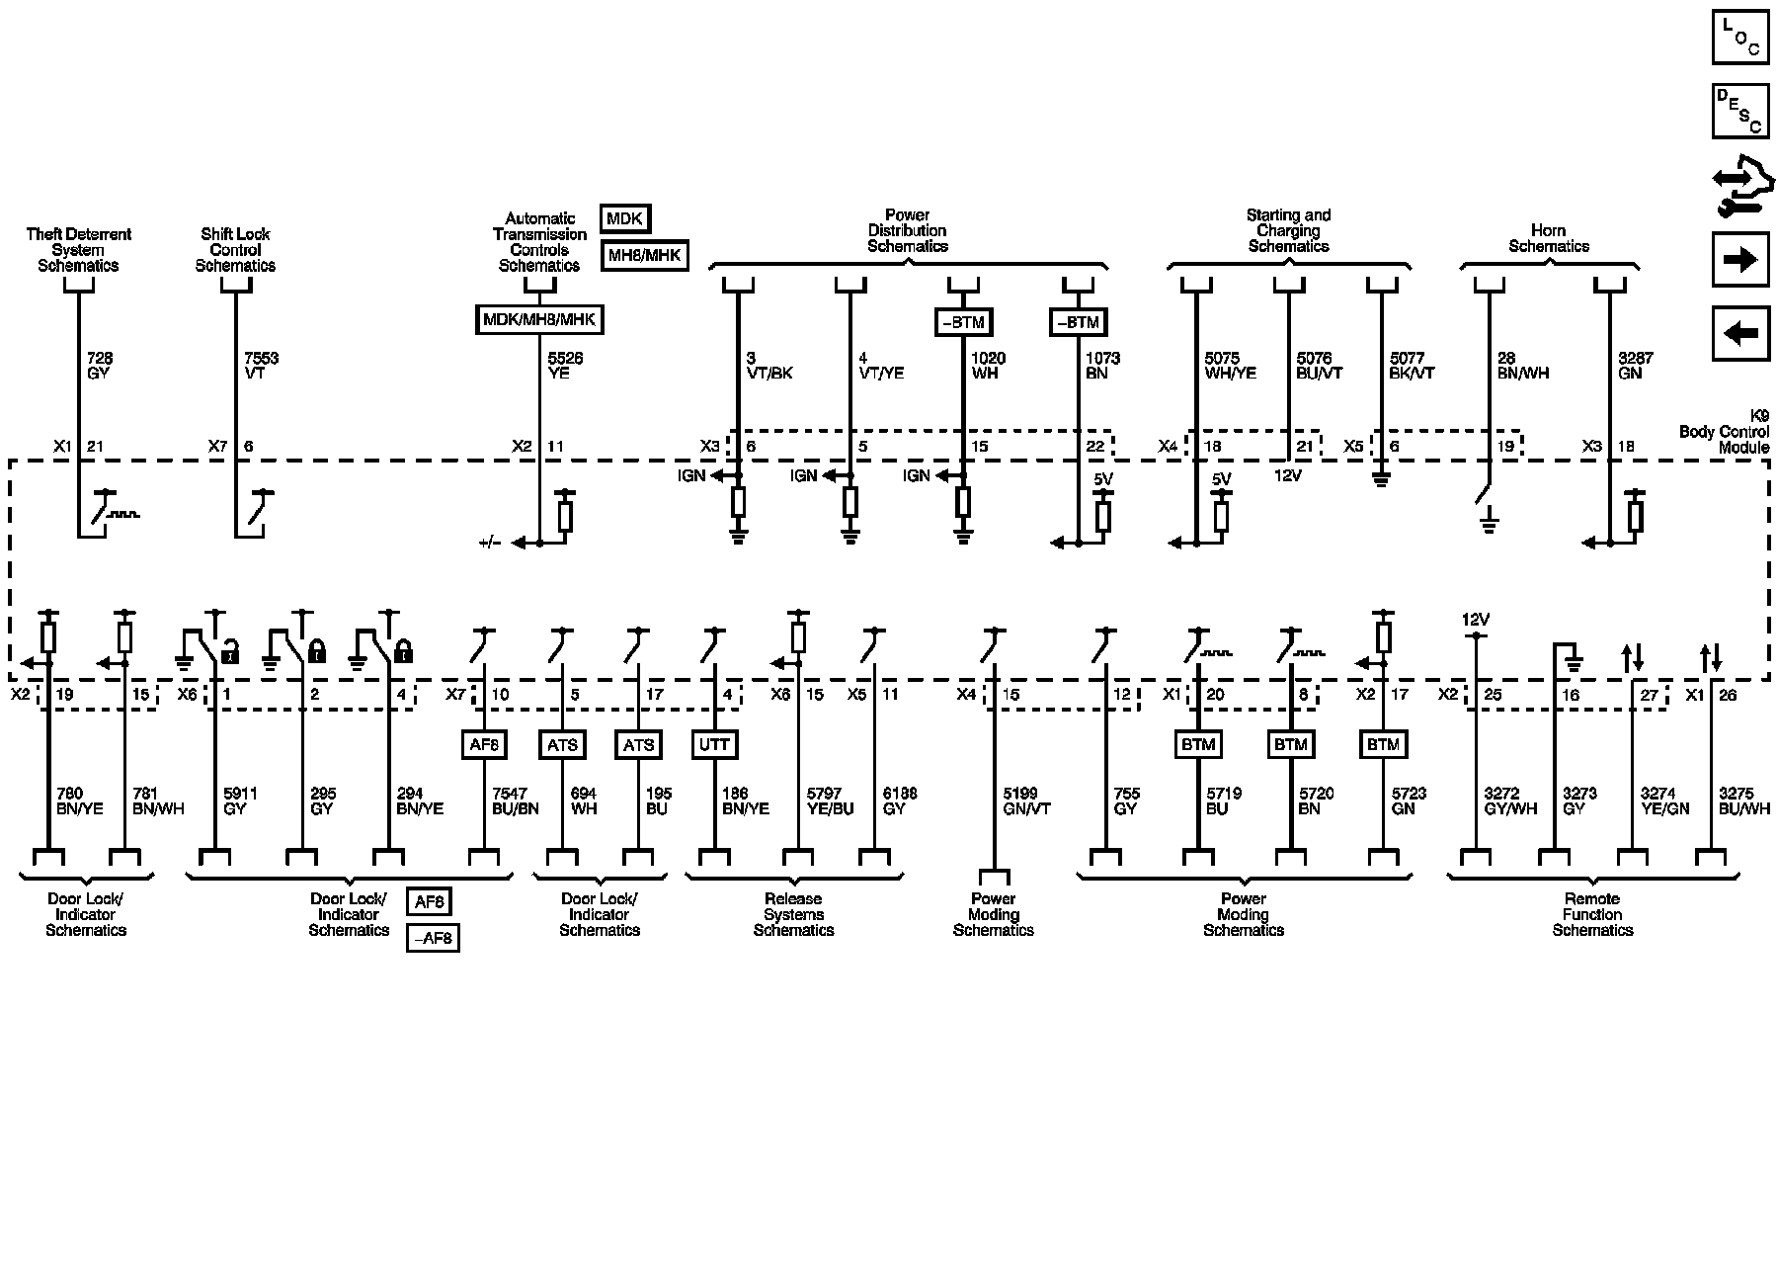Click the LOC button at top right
[x=1739, y=37]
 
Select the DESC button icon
[x=1739, y=111]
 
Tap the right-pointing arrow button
[x=1739, y=259]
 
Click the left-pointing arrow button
[x=1739, y=333]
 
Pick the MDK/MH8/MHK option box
[x=539, y=320]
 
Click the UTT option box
[x=714, y=744]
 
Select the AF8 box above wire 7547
[x=484, y=744]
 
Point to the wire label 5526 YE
[x=565, y=366]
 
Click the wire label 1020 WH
[x=989, y=366]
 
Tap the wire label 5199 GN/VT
[x=1026, y=801]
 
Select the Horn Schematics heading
[x=1548, y=238]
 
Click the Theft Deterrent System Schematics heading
[x=78, y=249]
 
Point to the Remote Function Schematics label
[x=1592, y=914]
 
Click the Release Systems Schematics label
[x=793, y=914]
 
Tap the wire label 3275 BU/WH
[x=1743, y=801]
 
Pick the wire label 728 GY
[x=99, y=366]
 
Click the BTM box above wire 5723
[x=1383, y=744]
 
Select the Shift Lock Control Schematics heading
[x=235, y=249]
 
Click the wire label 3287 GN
[x=1635, y=366]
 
